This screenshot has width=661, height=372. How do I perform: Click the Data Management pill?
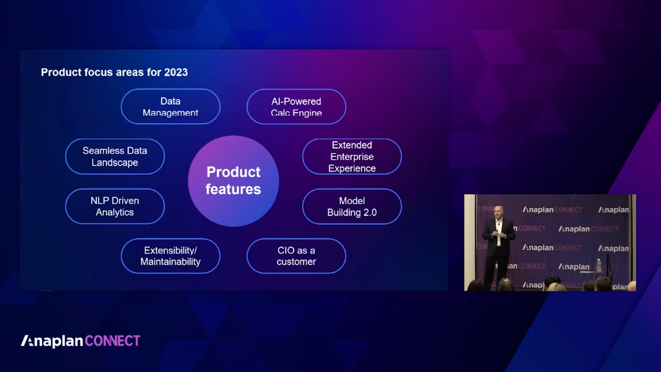171,107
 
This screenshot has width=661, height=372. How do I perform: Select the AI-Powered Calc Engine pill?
296,107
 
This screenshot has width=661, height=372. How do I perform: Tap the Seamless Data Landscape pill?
115,156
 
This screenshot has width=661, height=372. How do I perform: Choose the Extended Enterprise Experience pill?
352,156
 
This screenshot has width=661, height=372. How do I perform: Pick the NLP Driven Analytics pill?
115,206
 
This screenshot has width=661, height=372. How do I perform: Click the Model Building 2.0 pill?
352,206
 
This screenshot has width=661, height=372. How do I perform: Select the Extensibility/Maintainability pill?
171,256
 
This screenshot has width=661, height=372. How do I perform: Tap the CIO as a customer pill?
296,256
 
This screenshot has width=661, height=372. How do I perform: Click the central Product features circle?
233,181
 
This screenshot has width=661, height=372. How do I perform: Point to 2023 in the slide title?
176,72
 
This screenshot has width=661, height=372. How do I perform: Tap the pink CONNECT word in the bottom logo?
113,341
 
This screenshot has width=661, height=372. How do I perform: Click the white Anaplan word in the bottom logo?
52,341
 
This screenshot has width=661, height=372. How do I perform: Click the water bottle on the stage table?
599,265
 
